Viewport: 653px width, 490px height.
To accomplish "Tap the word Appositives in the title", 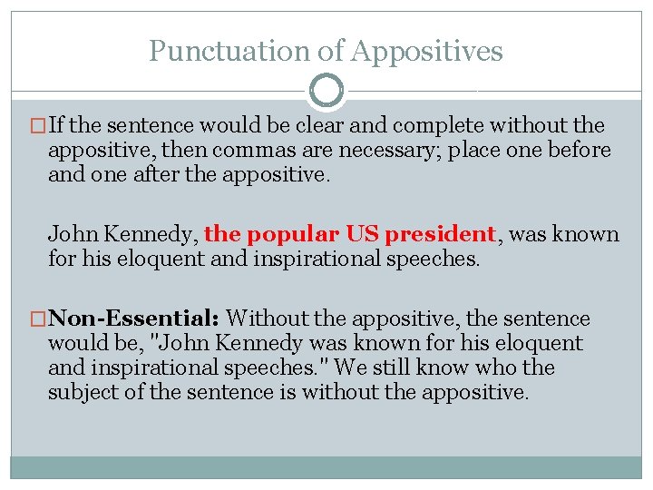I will [425, 51].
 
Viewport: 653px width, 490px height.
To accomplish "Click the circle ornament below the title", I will [326, 91].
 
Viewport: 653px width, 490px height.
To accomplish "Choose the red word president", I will [439, 234].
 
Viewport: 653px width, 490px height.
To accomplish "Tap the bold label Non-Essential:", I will [133, 318].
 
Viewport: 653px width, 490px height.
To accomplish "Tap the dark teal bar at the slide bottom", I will [326, 467].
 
